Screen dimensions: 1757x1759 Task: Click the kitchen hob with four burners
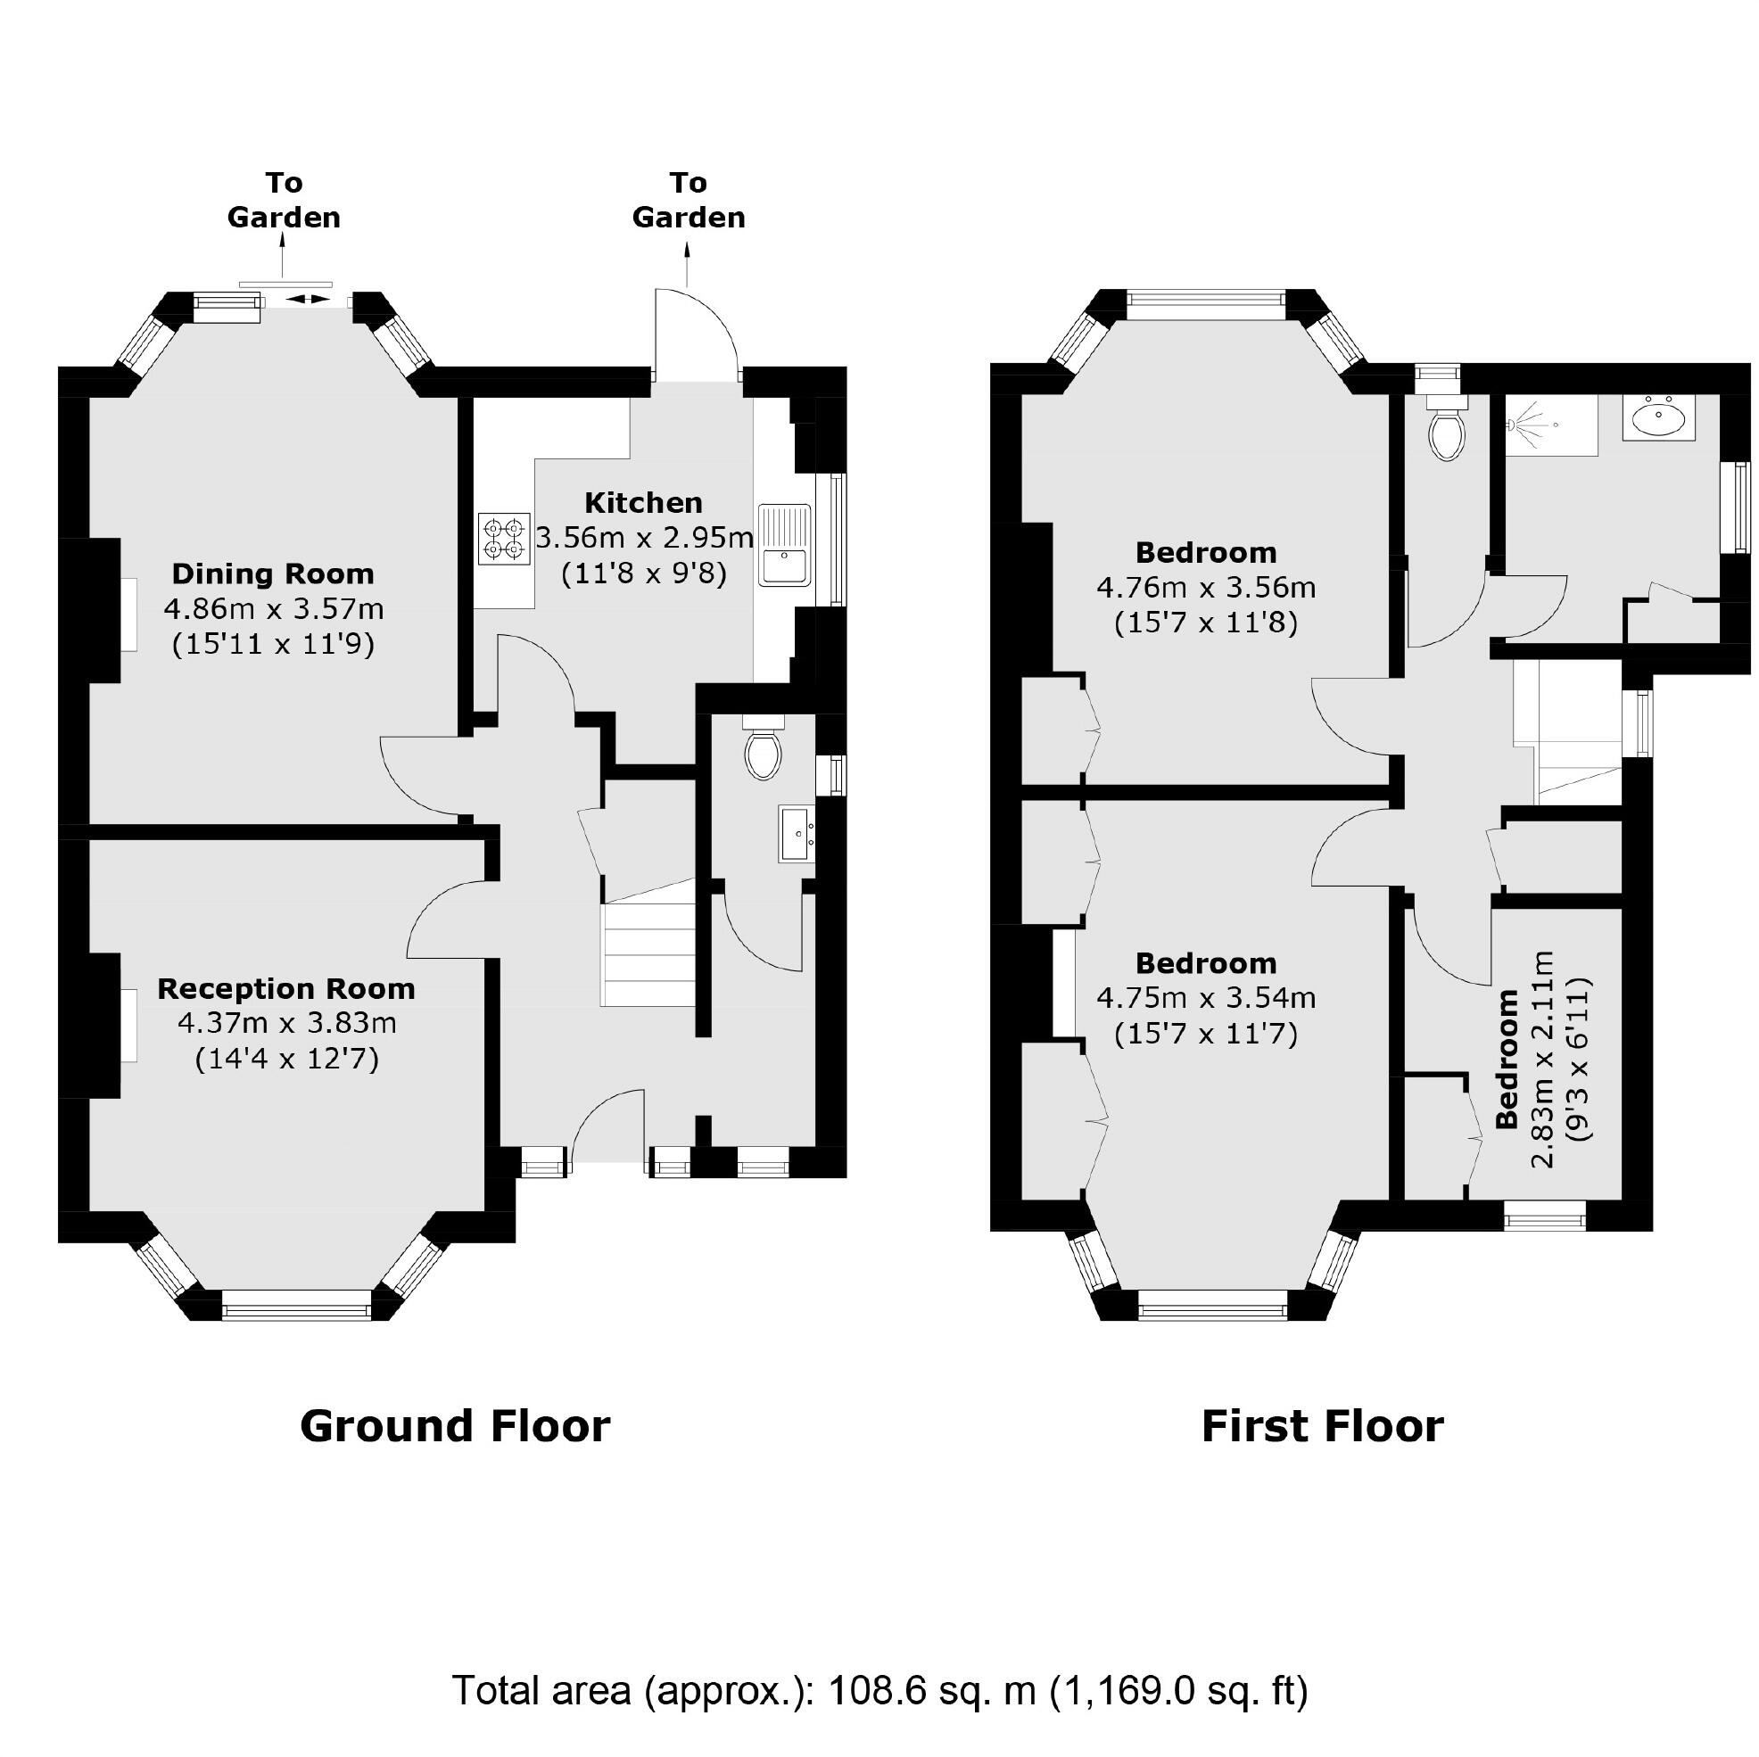point(503,539)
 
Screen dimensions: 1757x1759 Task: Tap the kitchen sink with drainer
point(785,543)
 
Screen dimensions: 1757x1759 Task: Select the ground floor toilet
point(763,751)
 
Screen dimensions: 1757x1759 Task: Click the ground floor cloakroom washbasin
point(797,832)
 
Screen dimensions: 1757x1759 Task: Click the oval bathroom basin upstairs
point(1658,420)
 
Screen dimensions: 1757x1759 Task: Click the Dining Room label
point(273,573)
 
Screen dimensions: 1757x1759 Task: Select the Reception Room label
point(286,989)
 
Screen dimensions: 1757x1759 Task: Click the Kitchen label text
point(643,502)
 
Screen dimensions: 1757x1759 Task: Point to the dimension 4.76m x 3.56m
point(1205,587)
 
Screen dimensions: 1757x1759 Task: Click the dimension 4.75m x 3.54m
point(1205,999)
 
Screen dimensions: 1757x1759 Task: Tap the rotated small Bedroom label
point(1507,1059)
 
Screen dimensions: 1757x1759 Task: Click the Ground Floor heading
point(454,1425)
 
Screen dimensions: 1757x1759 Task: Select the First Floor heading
point(1322,1425)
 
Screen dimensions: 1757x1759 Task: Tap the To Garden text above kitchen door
point(689,201)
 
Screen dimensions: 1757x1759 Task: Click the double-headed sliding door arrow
point(308,299)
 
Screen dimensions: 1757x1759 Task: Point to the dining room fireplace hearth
point(129,615)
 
